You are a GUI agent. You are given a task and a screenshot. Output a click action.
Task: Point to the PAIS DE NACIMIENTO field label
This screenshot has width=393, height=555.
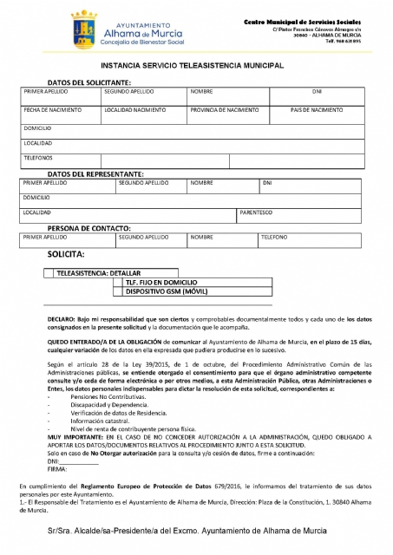[x=317, y=110]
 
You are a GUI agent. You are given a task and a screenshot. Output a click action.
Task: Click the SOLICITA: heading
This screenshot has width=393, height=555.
[x=66, y=255]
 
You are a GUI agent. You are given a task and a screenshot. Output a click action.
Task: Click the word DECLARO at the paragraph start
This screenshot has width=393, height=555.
[x=62, y=320]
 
